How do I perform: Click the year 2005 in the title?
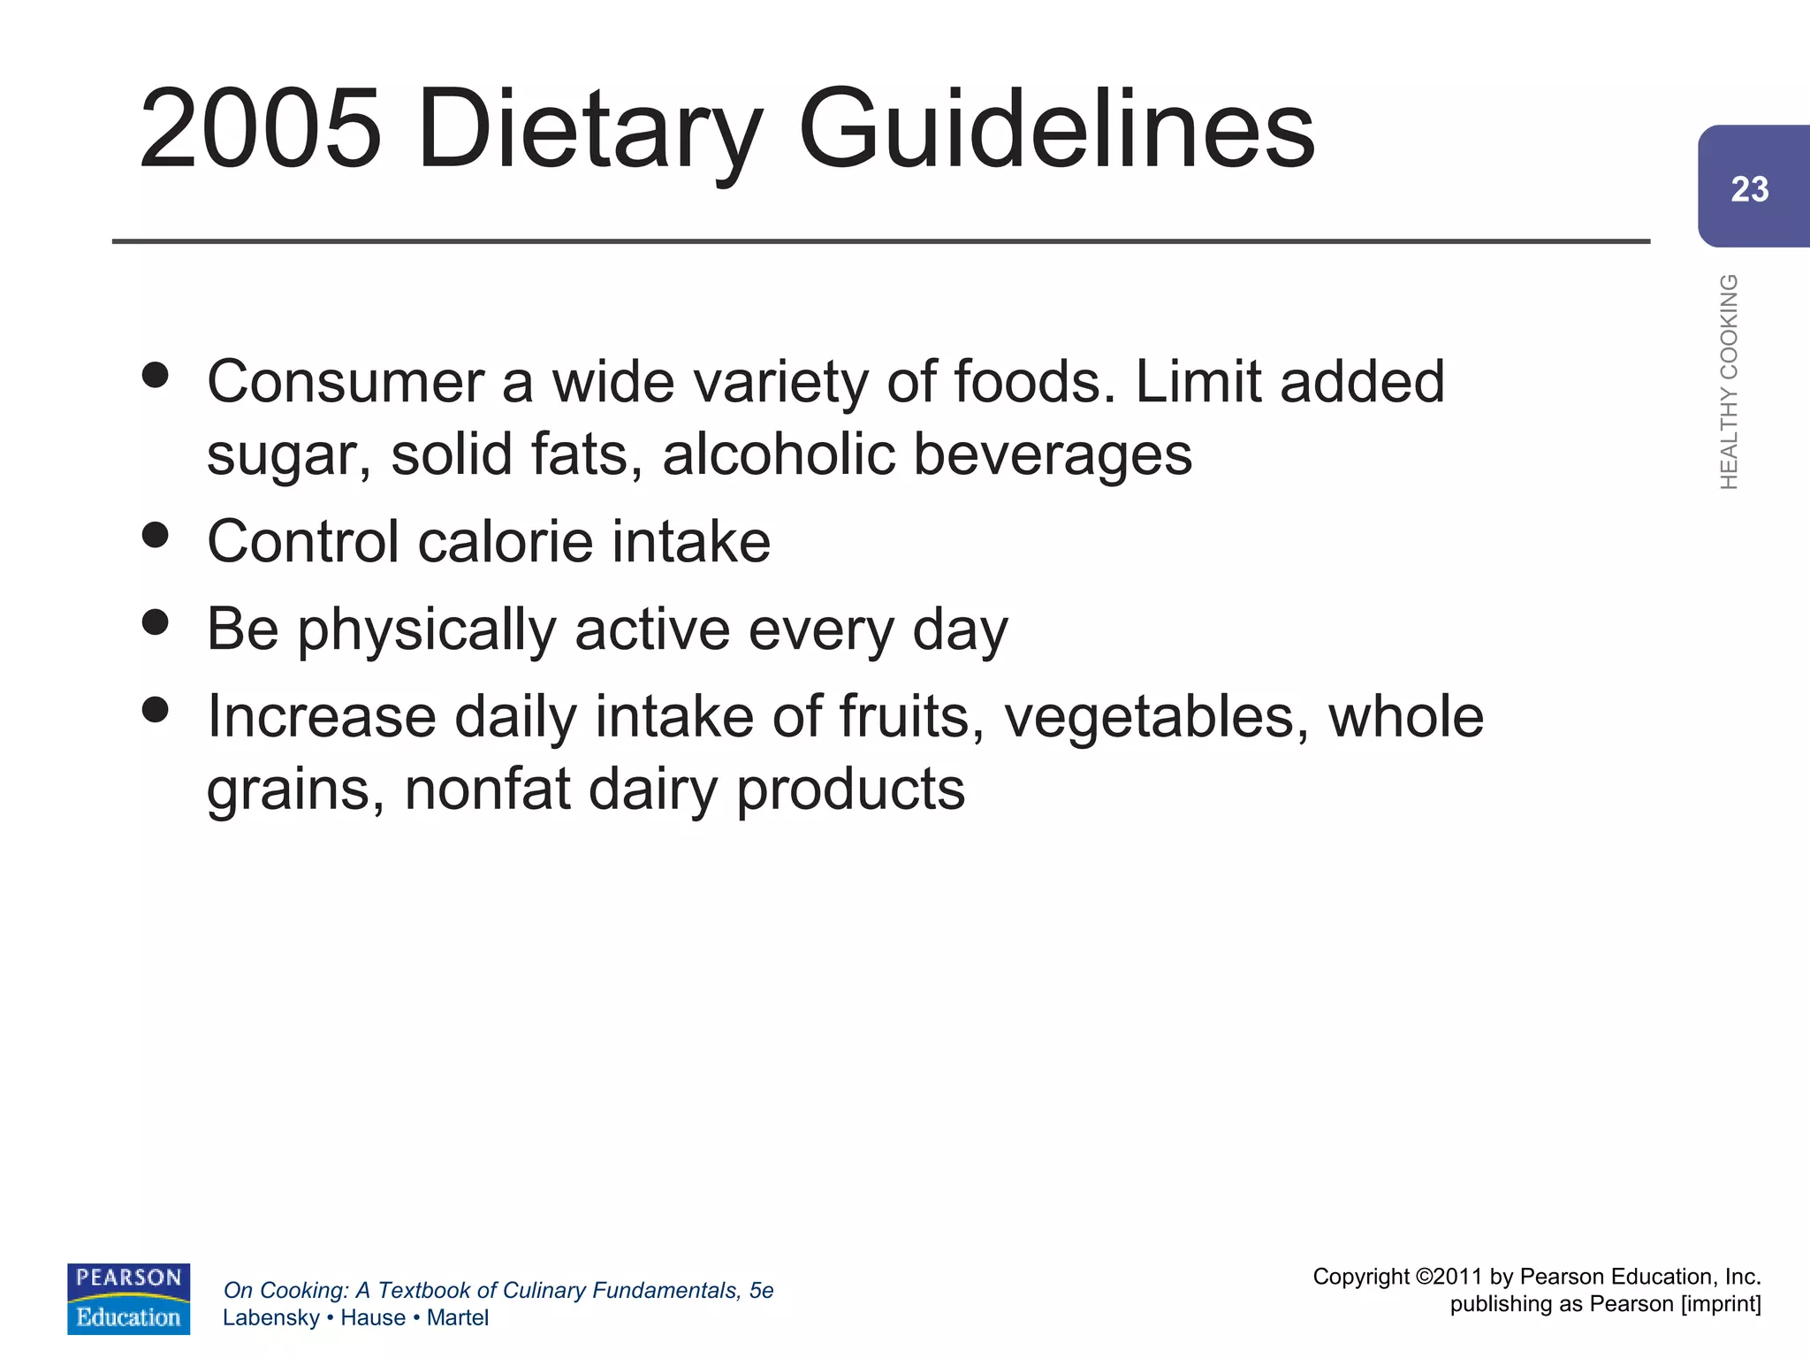(261, 129)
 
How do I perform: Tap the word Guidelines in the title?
(1056, 129)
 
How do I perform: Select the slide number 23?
(1749, 189)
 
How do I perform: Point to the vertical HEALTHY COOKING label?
(1729, 381)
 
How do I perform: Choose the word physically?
(426, 630)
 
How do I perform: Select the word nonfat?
(487, 789)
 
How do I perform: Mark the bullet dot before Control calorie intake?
(155, 535)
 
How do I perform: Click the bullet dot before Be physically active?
(155, 622)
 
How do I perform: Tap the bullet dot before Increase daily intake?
(155, 709)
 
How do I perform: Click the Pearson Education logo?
(128, 1299)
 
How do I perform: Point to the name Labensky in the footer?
(270, 1317)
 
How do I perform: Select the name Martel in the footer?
(457, 1317)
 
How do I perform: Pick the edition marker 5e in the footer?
(761, 1291)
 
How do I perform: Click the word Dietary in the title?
(589, 129)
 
